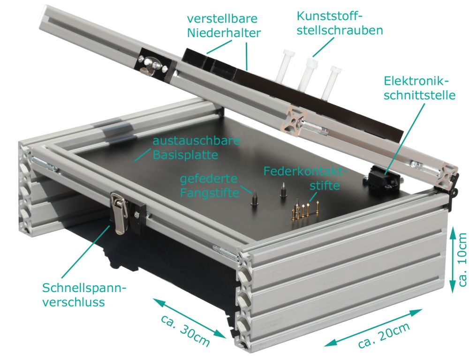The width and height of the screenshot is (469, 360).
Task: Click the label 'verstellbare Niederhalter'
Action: tap(224, 26)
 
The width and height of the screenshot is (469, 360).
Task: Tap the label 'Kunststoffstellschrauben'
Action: tap(340, 23)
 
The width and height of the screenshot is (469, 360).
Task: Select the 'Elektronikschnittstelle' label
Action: tap(419, 88)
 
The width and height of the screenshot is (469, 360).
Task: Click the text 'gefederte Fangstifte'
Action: tap(209, 186)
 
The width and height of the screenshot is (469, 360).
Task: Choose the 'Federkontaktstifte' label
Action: tap(305, 178)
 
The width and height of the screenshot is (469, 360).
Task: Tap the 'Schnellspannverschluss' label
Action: tap(84, 294)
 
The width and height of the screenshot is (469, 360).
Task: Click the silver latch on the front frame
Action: tap(120, 213)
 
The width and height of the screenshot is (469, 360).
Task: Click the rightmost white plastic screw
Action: tap(331, 82)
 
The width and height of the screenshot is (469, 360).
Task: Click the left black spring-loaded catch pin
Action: tap(254, 198)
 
